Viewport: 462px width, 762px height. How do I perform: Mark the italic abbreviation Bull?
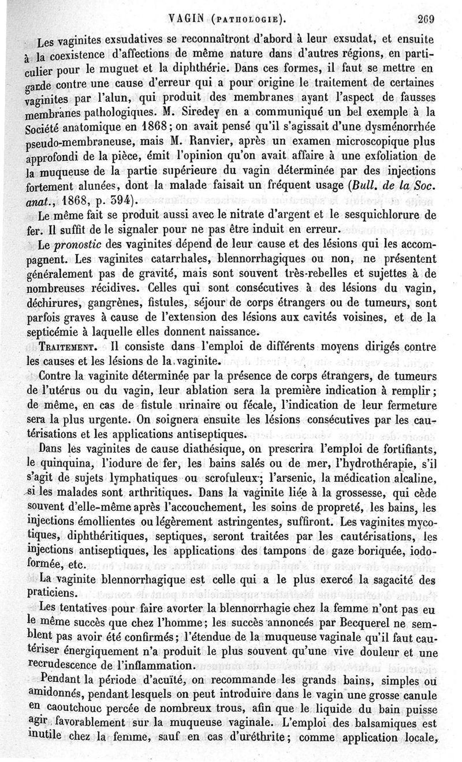click(x=356, y=187)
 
